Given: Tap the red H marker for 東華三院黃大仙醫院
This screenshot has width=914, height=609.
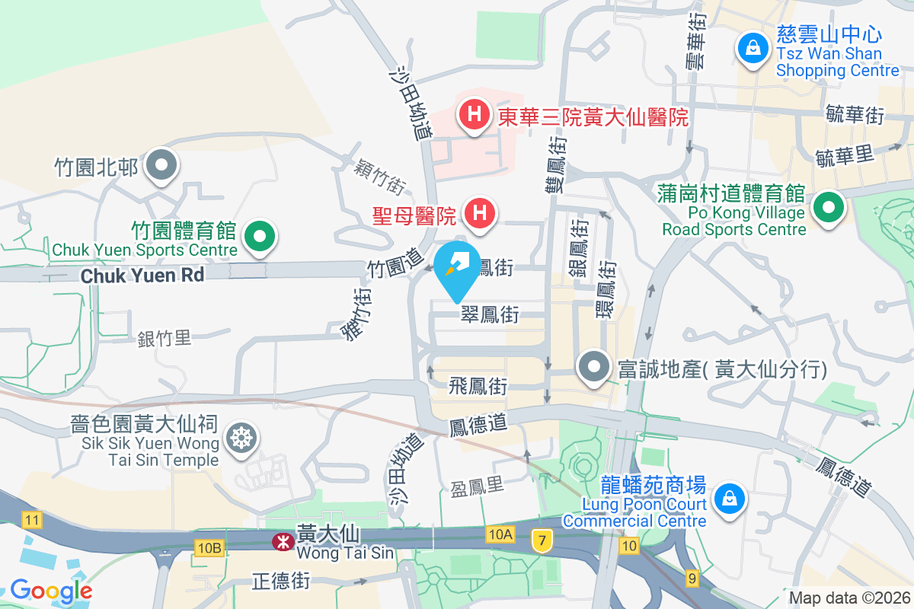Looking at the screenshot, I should (474, 116).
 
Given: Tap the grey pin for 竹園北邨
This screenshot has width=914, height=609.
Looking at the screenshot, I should (161, 165).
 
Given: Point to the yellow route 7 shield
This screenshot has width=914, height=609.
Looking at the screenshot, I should (542, 539).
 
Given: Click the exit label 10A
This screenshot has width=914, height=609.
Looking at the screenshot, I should (500, 534).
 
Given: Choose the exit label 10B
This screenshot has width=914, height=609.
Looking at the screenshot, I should (209, 547).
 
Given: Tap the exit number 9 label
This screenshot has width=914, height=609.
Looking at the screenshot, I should (692, 579).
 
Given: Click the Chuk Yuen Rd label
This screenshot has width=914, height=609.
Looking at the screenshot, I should (142, 275).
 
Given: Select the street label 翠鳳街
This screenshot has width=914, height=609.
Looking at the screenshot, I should (489, 314).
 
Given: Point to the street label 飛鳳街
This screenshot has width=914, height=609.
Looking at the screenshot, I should (478, 386).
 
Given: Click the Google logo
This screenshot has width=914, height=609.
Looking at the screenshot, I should (51, 590).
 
